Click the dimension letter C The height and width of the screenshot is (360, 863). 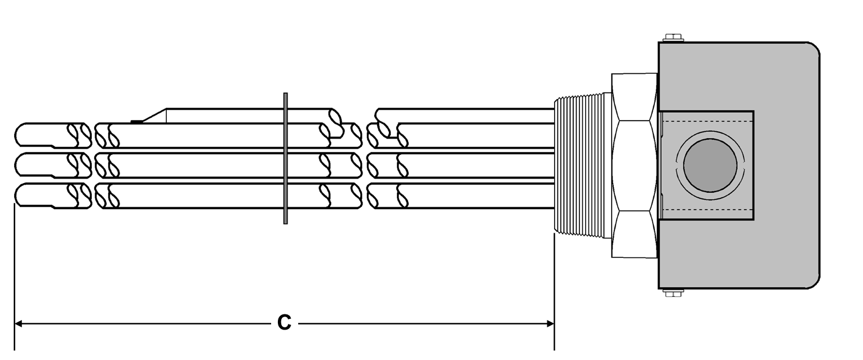coord(284,323)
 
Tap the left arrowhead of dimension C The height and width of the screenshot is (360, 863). coord(18,323)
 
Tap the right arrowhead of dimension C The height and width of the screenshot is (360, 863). coord(551,323)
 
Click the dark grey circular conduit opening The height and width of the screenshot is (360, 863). coord(710,165)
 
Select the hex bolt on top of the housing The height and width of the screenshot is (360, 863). coord(673,38)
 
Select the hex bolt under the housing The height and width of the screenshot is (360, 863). coord(673,293)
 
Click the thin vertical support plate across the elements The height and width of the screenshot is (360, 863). coord(285,158)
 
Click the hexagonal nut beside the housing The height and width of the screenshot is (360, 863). coord(635,166)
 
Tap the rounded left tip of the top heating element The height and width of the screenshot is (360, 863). coord(15,135)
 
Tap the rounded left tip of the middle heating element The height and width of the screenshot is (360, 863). coord(15,165)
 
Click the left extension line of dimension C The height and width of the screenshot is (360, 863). coord(15,277)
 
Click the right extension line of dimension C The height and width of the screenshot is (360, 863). coord(555,291)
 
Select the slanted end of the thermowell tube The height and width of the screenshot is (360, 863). coord(154,116)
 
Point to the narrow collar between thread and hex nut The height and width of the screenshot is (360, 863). coord(608,166)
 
